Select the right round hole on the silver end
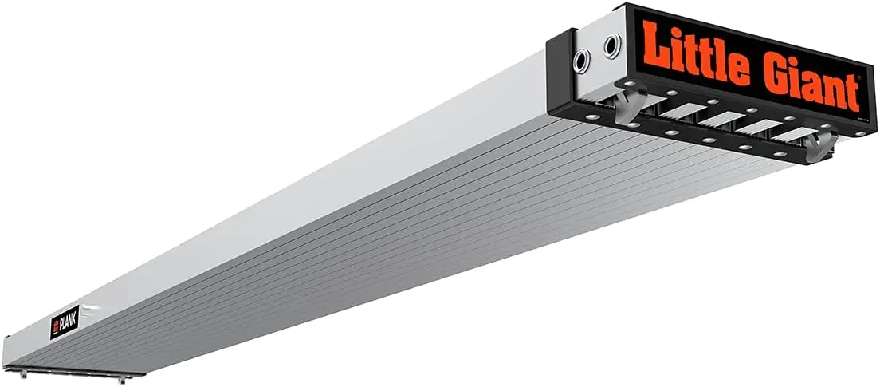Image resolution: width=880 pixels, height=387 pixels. coord(611,46)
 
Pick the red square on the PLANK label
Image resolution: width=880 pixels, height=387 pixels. coord(54,328)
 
